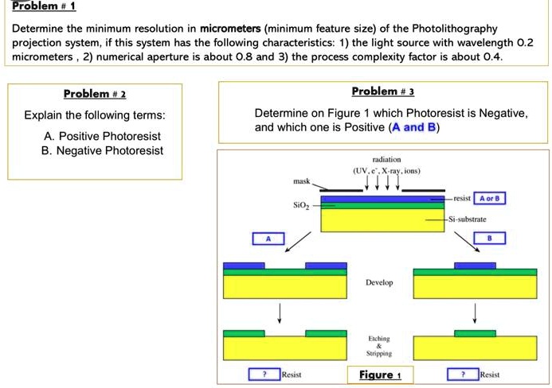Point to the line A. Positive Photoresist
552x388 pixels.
pos(102,136)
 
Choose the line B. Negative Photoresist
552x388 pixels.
pos(104,150)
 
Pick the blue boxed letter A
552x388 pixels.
pos(268,238)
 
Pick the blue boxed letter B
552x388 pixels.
pos(489,238)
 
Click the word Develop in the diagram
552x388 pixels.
pos(380,282)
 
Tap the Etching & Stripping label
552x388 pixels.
pos(380,345)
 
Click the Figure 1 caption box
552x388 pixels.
pos(380,374)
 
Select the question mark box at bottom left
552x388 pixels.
pos(264,374)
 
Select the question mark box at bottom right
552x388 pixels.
pos(462,374)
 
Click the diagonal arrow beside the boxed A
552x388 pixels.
pos(302,239)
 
